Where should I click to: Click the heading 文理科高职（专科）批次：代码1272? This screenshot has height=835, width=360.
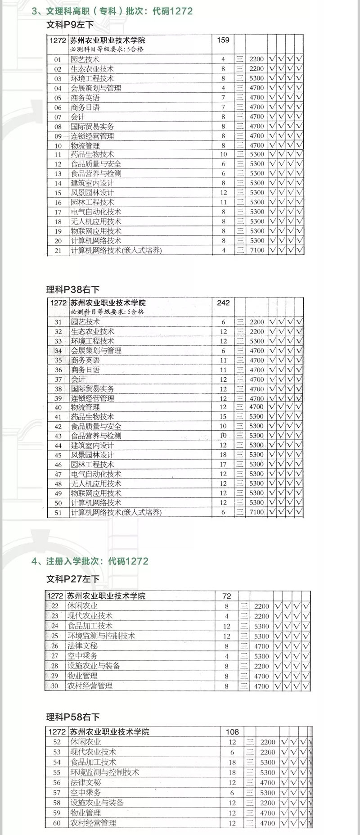point(112,11)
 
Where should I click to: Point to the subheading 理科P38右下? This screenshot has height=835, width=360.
point(72,289)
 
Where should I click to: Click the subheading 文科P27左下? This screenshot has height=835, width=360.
point(72,579)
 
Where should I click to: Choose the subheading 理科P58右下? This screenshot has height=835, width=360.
point(72,717)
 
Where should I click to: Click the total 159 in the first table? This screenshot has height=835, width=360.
point(223,40)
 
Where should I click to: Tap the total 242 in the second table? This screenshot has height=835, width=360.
point(223,302)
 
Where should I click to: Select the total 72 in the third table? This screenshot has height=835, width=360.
point(227,596)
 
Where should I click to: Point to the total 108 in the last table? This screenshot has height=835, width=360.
point(232,732)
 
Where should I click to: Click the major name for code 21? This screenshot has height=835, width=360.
point(116,250)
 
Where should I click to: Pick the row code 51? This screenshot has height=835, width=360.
point(58,512)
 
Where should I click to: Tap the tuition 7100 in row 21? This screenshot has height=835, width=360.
point(257,250)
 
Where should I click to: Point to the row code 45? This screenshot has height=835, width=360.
point(58,455)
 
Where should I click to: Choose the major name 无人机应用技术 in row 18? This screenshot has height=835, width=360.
point(96,221)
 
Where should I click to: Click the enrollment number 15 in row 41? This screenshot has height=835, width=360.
point(223,417)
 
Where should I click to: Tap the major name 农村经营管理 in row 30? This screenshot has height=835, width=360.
point(90,686)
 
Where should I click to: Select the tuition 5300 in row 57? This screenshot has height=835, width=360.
point(268,793)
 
